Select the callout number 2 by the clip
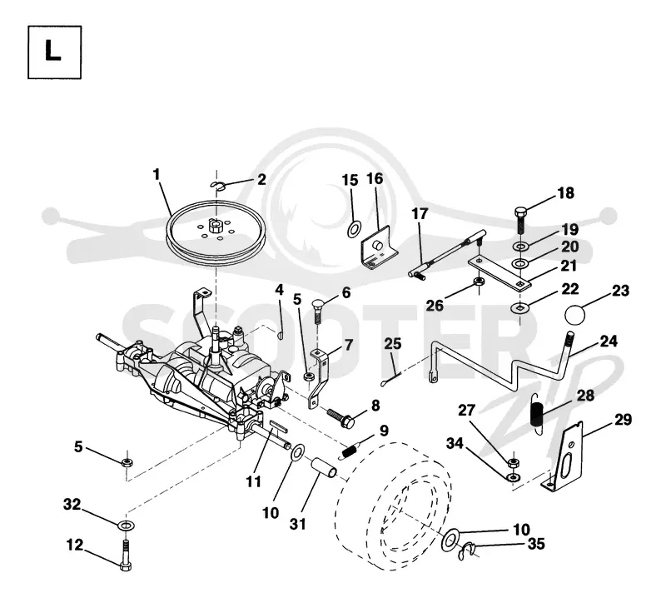click(x=261, y=179)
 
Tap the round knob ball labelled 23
click(x=574, y=315)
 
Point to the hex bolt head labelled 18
click(x=521, y=212)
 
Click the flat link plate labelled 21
click(x=499, y=274)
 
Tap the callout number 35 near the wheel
click(x=536, y=544)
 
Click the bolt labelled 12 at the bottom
click(x=126, y=555)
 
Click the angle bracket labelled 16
click(x=379, y=248)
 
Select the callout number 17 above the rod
click(x=420, y=213)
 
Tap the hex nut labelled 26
click(x=478, y=281)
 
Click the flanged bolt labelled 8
click(x=340, y=418)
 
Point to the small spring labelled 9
click(x=350, y=450)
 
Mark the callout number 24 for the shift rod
click(x=609, y=341)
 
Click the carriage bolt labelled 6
click(x=317, y=311)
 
